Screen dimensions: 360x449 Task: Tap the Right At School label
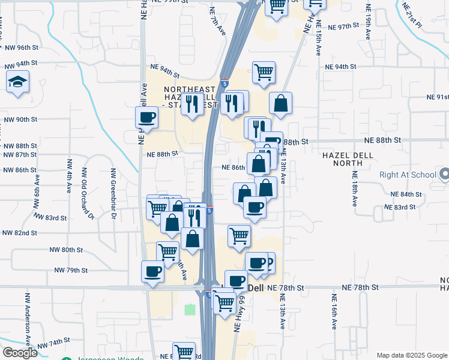[408, 175]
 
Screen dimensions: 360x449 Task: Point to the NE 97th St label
[344, 27]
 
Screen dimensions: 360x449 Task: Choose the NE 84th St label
[406, 194]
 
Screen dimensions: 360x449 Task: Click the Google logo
[20, 353]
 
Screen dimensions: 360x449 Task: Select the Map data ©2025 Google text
[411, 355]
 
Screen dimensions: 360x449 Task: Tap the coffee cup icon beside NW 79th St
[152, 272]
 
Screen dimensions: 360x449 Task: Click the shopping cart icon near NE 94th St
[264, 73]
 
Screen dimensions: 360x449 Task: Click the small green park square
[190, 310]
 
